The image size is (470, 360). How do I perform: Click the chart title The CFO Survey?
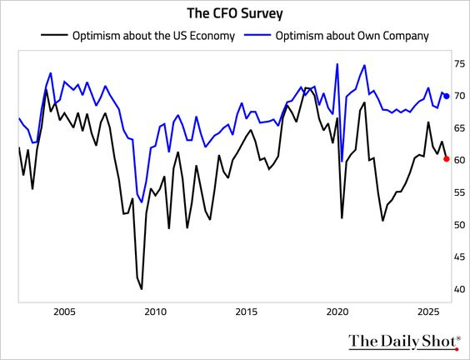(235, 12)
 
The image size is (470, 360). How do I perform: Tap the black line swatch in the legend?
(54, 35)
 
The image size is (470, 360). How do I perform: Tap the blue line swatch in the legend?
(268, 35)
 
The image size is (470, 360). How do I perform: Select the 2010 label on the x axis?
(155, 312)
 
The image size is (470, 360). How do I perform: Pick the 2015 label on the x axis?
(246, 312)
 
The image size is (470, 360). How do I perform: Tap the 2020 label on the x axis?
(337, 312)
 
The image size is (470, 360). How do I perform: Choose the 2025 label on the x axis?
(427, 312)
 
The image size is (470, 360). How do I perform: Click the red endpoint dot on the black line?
(446, 158)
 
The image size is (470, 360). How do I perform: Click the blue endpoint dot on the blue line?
(446, 96)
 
